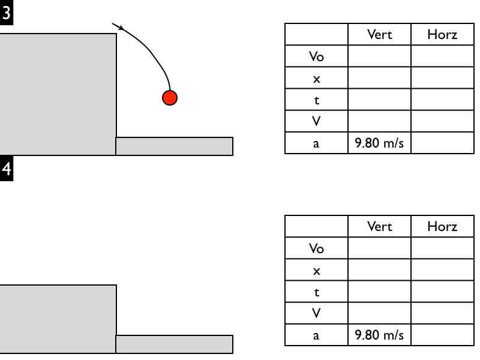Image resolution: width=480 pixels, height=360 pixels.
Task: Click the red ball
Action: point(170,98)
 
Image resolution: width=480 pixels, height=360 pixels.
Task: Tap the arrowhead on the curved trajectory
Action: point(120,27)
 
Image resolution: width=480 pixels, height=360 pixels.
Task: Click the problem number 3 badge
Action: point(7,14)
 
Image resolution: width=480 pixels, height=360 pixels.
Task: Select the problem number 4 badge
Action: point(7,169)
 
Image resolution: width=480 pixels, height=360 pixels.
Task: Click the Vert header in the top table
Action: point(379,34)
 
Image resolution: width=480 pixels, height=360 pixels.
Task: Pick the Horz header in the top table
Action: point(442,34)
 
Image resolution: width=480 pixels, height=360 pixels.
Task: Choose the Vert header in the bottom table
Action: point(379,226)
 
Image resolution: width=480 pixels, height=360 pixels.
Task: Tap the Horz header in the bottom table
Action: point(442,226)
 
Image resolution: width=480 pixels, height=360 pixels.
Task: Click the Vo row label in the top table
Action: point(316,56)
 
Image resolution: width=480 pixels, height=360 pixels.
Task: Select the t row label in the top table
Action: point(316,100)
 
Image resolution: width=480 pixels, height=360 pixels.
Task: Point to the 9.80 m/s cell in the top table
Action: point(379,143)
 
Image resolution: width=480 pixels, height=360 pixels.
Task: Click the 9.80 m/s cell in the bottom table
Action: point(379,335)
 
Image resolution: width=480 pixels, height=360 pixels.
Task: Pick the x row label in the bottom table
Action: point(316,271)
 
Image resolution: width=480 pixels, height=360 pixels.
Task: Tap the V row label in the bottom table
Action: point(316,313)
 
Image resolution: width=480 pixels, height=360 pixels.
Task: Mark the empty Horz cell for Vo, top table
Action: point(442,56)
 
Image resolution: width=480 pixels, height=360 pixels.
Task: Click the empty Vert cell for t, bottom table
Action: point(379,292)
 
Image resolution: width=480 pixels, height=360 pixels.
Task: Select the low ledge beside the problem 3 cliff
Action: point(174,146)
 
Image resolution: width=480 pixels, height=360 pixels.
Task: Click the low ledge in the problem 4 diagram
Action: point(174,344)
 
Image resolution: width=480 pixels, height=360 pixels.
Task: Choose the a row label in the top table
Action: point(316,143)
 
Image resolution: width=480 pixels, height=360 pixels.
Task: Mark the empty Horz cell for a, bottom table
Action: point(442,335)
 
